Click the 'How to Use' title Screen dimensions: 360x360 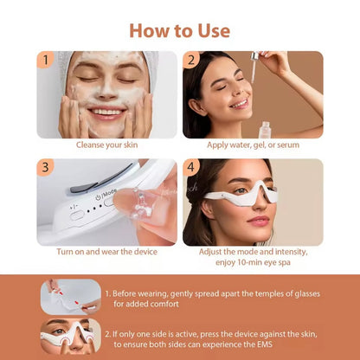pos(180,30)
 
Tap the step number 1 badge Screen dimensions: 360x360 pos(46,61)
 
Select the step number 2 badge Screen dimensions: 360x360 pos(192,61)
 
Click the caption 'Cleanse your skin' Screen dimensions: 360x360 pos(106,145)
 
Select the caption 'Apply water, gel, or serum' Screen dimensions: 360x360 pos(253,145)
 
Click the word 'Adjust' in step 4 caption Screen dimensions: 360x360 pos(214,251)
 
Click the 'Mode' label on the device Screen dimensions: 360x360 pos(110,192)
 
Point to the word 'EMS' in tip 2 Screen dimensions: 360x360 pos(305,344)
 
